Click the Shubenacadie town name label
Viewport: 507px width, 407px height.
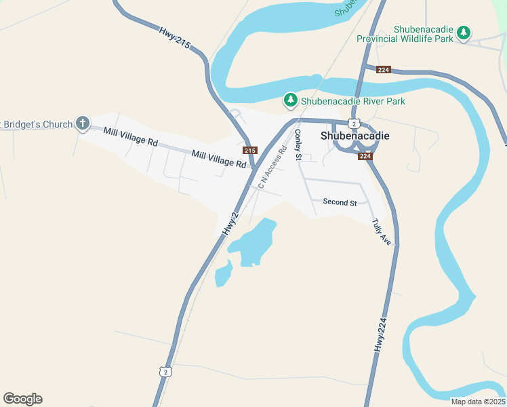click(x=354, y=135)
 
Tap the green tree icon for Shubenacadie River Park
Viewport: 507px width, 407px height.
click(x=291, y=101)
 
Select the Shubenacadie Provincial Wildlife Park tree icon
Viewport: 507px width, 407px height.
click(x=464, y=33)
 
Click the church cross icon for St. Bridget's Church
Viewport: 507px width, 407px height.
click(x=83, y=123)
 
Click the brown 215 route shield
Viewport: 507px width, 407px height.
click(x=250, y=150)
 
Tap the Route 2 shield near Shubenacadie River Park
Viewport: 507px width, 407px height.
click(x=354, y=123)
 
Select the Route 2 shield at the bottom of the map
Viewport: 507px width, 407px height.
click(x=167, y=371)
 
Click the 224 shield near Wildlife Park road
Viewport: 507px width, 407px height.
click(x=384, y=69)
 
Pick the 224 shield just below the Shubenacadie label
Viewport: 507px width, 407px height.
click(x=365, y=156)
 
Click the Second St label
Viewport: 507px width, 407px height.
click(x=340, y=202)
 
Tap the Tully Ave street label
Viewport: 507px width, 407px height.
click(x=382, y=232)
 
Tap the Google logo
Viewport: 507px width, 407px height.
click(x=22, y=399)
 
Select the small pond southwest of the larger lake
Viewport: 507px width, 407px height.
click(x=223, y=274)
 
